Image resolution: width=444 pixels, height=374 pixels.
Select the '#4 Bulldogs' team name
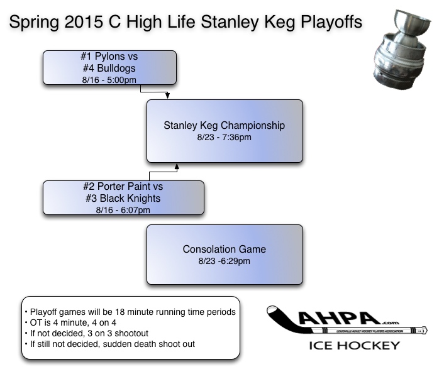(109, 69)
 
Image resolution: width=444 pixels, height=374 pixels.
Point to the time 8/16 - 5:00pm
(109, 79)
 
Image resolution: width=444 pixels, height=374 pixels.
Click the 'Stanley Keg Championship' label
(225, 126)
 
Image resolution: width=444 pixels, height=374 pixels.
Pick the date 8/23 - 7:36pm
(225, 137)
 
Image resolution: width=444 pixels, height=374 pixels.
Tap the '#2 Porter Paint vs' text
(123, 187)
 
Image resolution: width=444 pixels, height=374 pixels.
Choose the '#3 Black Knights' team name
(123, 199)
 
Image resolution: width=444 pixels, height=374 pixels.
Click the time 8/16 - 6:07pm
(123, 209)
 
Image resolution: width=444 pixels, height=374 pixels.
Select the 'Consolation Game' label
(225, 250)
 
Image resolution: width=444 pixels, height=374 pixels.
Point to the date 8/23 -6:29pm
(225, 261)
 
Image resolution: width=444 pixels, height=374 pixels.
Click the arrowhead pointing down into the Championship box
(168, 96)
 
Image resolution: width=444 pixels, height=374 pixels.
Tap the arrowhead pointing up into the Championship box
(177, 167)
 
